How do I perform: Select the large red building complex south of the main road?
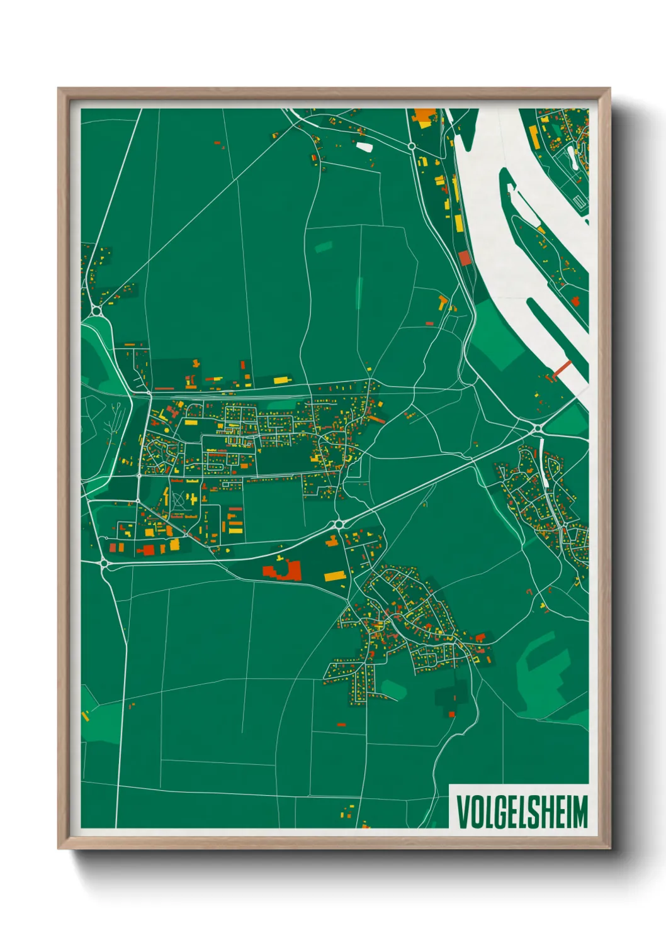(x=283, y=570)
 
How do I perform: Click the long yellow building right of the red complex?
(x=335, y=576)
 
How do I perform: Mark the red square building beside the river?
(x=465, y=258)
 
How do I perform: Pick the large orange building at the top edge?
(x=424, y=116)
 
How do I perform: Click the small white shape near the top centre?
(x=364, y=147)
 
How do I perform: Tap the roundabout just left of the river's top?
(x=411, y=146)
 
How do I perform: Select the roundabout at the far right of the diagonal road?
(x=538, y=428)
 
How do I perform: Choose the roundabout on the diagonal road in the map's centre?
(x=339, y=524)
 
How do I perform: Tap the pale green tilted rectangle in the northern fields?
(x=324, y=247)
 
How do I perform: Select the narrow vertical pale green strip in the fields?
(x=359, y=293)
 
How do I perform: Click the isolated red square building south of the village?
(x=451, y=713)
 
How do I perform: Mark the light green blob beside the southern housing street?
(x=393, y=689)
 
